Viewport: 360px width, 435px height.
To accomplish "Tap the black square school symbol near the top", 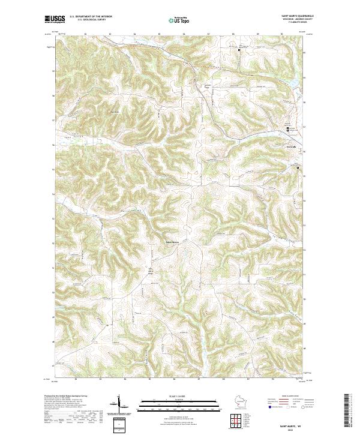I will pos(239,50).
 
